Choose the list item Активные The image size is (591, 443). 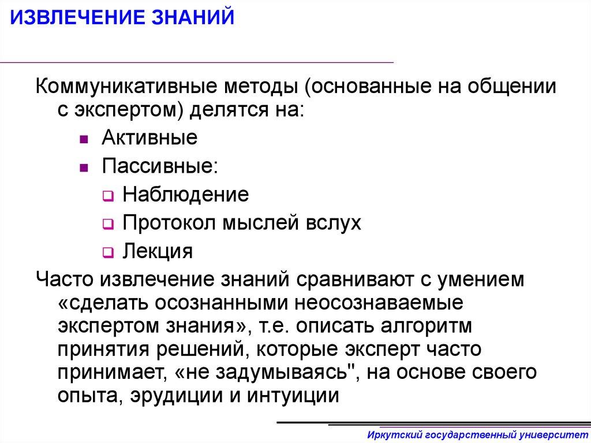tap(149, 139)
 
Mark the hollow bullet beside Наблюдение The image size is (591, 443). tap(107, 196)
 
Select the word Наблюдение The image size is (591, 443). tap(185, 195)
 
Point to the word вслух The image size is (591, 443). tap(331, 223)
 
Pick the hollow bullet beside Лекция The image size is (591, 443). tap(107, 253)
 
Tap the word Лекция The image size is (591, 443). tap(157, 251)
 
